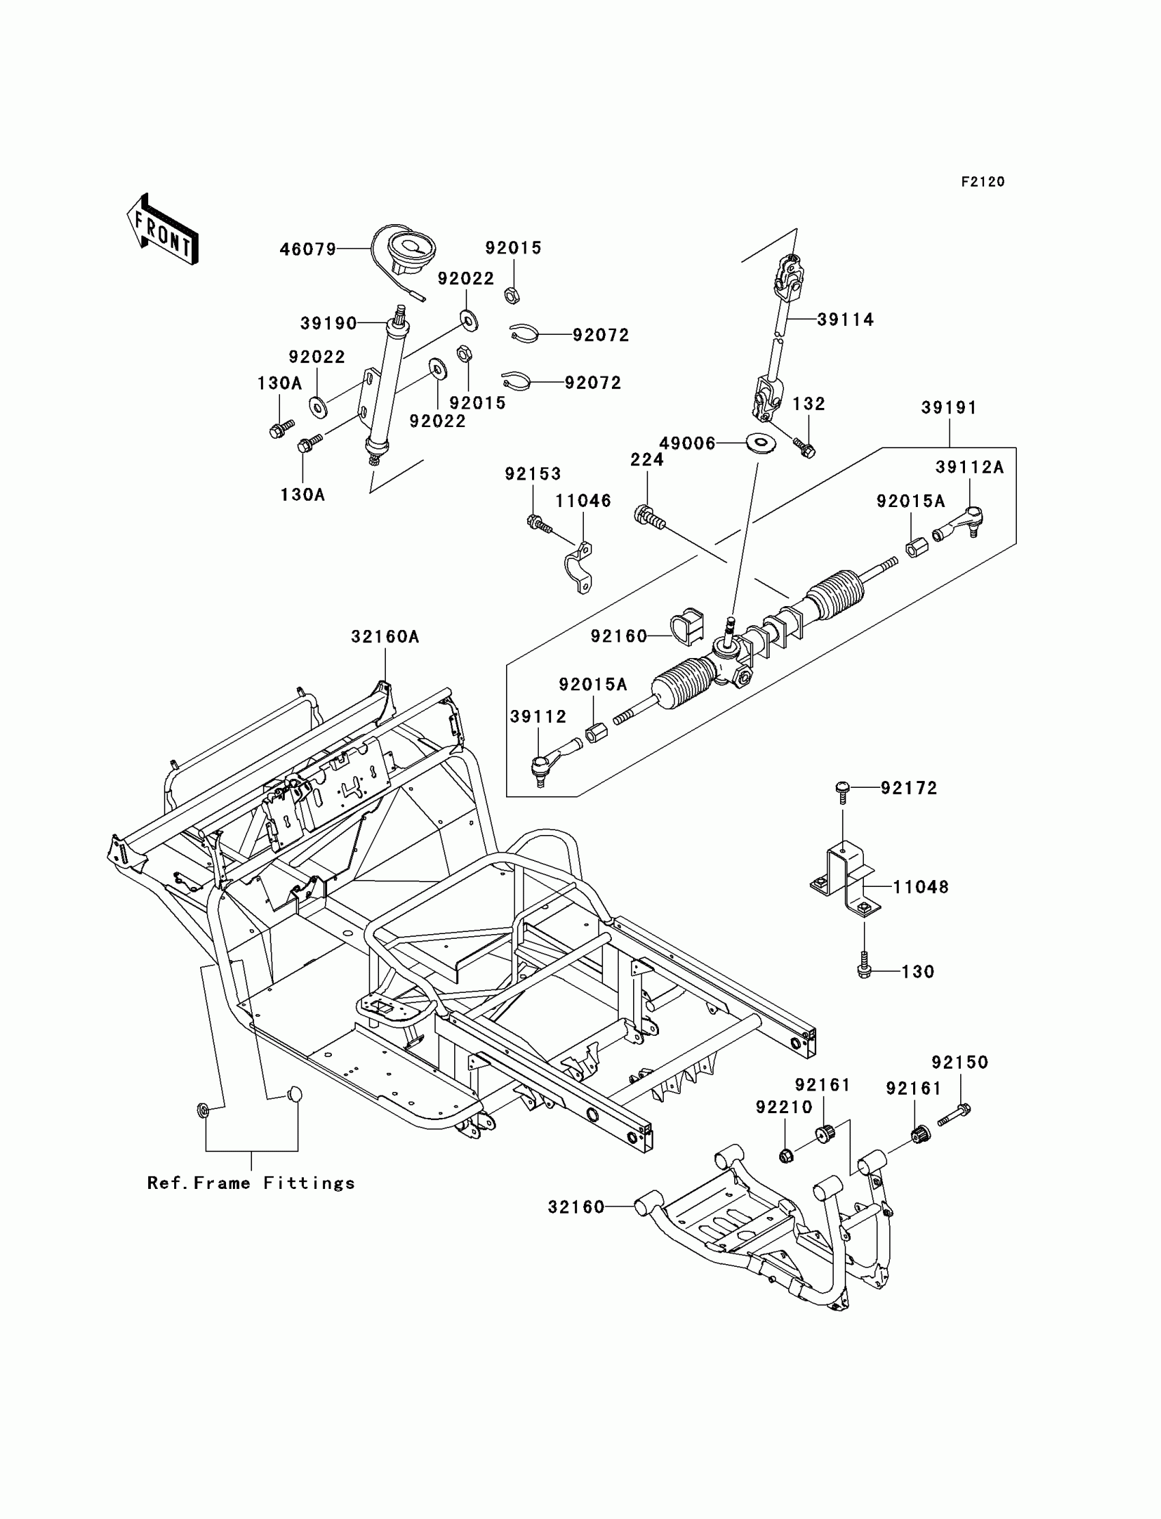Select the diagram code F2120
tap(983, 182)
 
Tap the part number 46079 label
tap(307, 249)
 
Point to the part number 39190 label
tap(328, 323)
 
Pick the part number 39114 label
tap(845, 319)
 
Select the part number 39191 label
tap(949, 408)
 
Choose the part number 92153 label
tap(533, 474)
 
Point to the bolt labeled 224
tap(648, 518)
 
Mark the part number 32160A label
tap(385, 637)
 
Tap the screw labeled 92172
tap(843, 793)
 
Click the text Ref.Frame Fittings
tap(251, 1183)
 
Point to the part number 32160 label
tap(576, 1207)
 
